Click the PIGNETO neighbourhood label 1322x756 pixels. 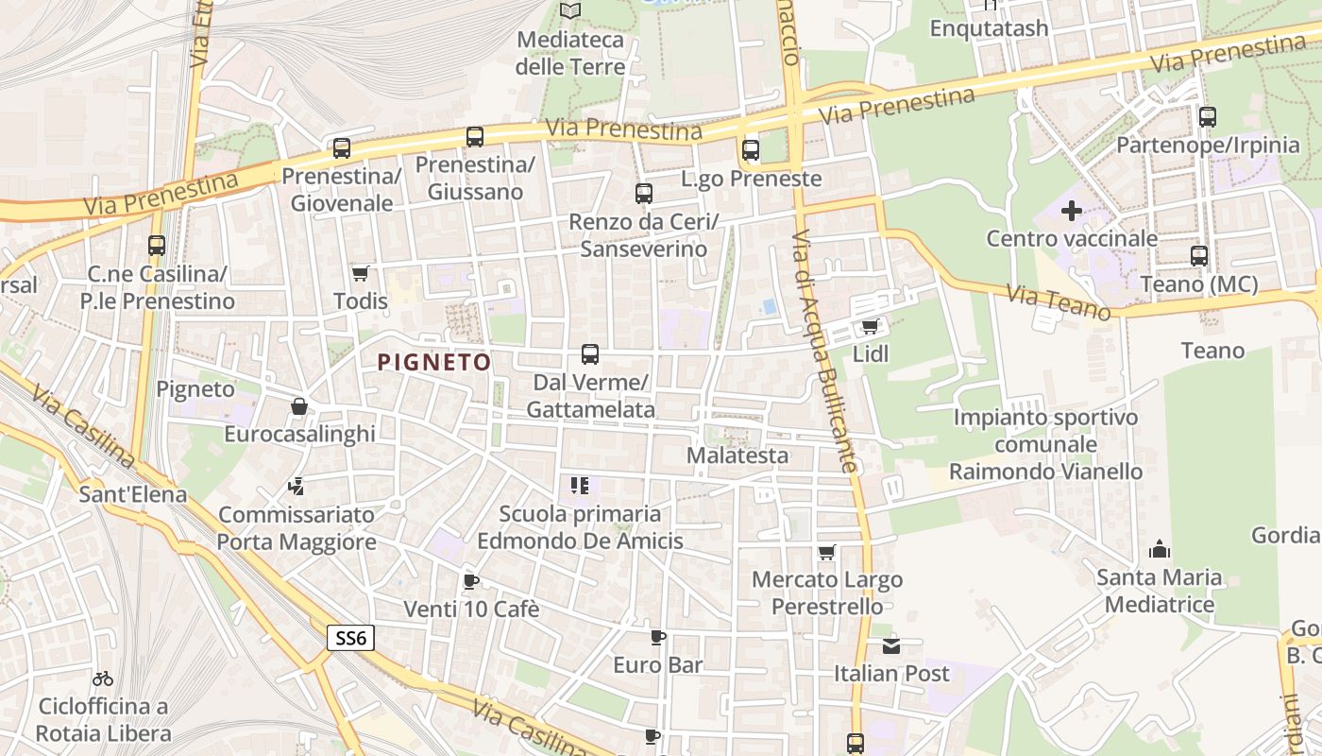[x=434, y=362]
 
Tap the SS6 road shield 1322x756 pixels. [x=350, y=638]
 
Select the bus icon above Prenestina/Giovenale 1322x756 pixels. [x=342, y=148]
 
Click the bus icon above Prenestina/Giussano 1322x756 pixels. [x=475, y=137]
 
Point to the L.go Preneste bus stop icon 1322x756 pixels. [x=751, y=149]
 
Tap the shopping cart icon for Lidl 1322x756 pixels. [x=870, y=327]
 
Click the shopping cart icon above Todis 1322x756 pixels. [x=360, y=274]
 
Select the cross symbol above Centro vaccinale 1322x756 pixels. [x=1071, y=211]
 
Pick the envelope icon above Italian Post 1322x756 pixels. [x=891, y=646]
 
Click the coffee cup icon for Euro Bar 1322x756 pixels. [x=658, y=638]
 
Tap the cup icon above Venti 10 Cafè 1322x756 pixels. [x=471, y=581]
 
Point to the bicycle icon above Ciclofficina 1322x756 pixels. [x=103, y=679]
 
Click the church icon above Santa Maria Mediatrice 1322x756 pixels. [x=1159, y=549]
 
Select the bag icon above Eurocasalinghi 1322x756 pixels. [x=299, y=406]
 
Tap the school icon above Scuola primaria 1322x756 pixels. [x=580, y=487]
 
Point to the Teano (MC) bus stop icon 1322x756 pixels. [x=1199, y=256]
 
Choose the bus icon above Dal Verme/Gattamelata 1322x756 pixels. [x=590, y=354]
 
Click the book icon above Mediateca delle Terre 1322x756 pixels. [x=570, y=11]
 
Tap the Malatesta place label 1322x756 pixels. [x=737, y=455]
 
